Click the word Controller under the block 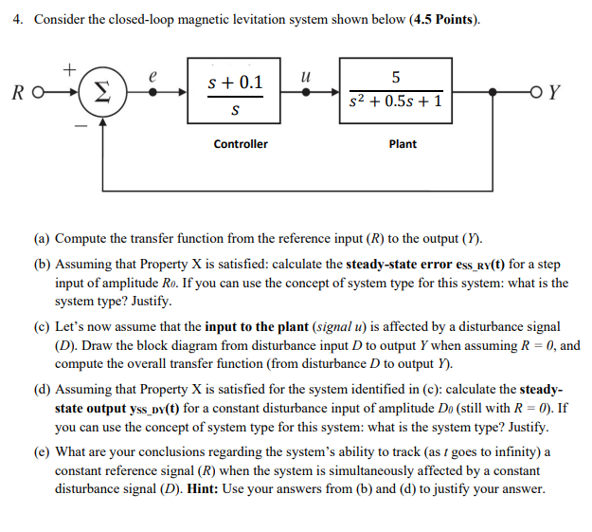240,144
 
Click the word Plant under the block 403,144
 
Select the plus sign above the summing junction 68,69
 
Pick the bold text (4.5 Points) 444,21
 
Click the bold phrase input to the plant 251,326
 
